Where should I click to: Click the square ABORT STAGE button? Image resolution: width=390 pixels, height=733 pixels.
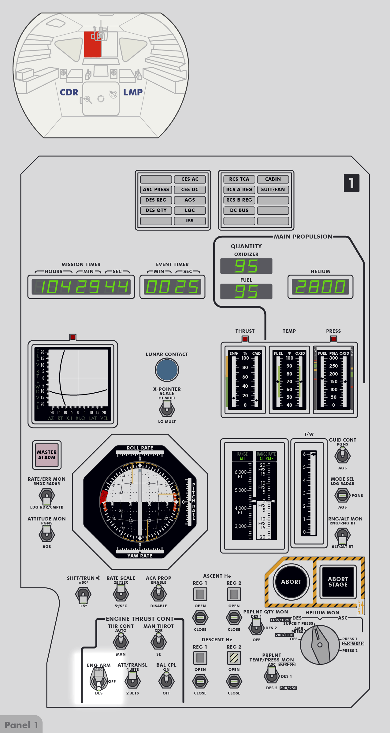(x=338, y=582)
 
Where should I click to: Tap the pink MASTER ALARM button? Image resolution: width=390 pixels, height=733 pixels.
(x=47, y=455)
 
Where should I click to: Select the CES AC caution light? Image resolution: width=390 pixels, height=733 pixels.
(x=190, y=179)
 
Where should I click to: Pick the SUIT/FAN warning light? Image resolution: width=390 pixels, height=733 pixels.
(x=273, y=190)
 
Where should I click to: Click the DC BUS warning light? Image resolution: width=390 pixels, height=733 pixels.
(x=239, y=210)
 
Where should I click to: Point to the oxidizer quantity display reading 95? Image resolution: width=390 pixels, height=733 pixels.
(x=246, y=266)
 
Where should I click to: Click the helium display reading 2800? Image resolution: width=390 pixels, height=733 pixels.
(x=320, y=287)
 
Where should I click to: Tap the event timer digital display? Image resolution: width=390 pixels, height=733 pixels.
(x=172, y=287)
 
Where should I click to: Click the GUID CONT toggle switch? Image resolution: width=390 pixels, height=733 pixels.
(x=342, y=454)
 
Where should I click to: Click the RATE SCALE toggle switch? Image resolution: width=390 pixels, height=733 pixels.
(x=121, y=593)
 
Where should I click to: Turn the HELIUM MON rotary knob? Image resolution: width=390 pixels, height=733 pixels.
(x=320, y=644)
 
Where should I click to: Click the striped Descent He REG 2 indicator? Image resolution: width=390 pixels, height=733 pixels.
(x=234, y=657)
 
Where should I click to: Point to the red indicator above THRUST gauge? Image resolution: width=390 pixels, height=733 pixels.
(x=245, y=339)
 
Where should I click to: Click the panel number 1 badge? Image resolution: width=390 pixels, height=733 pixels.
(x=351, y=183)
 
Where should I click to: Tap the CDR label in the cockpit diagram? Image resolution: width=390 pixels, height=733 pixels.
(x=69, y=92)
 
